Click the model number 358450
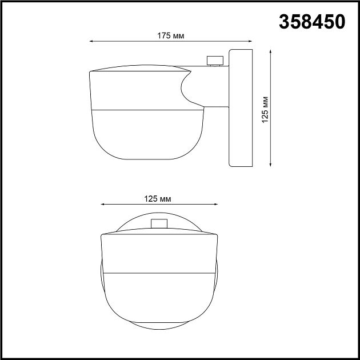[311, 22]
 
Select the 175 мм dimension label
[170, 35]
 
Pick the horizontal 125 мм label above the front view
[158, 198]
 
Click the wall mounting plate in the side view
[240, 109]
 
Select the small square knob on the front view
[158, 224]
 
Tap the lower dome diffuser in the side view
[146, 131]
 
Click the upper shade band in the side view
[137, 89]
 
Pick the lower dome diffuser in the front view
[158, 297]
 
